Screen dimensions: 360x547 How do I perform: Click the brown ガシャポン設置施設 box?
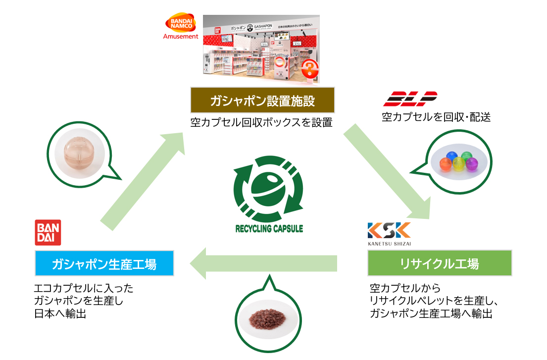(262, 102)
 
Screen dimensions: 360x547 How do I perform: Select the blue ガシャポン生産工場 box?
(104, 263)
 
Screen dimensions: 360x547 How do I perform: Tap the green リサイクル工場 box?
(439, 263)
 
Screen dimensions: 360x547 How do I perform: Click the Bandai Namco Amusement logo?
(181, 27)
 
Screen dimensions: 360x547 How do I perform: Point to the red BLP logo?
(410, 99)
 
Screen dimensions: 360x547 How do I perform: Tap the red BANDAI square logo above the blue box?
(48, 232)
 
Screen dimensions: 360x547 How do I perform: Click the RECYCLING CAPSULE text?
(269, 229)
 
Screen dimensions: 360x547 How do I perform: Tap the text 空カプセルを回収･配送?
(436, 117)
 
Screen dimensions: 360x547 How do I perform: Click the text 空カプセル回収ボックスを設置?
(261, 122)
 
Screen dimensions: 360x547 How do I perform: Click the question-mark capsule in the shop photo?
(309, 67)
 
